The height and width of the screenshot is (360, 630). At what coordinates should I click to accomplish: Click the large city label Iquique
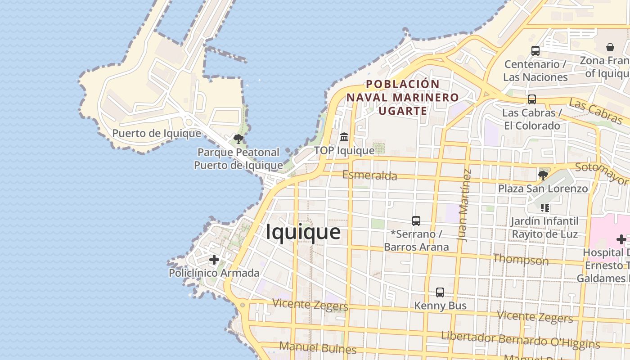(303, 232)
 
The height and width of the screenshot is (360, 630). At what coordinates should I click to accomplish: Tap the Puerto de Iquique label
(157, 133)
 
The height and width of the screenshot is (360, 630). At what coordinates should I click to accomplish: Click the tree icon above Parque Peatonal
(238, 139)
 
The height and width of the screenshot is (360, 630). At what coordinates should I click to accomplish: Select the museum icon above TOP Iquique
(344, 137)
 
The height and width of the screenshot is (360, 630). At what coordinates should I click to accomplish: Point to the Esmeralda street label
(369, 175)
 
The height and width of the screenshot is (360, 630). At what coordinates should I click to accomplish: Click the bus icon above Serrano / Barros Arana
(416, 220)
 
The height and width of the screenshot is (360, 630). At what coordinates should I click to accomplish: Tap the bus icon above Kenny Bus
(440, 292)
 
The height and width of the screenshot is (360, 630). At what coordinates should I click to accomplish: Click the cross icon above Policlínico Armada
(214, 260)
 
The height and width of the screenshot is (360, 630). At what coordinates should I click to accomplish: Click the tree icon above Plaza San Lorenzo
(543, 175)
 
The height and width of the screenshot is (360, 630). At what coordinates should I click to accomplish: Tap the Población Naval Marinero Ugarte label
(402, 97)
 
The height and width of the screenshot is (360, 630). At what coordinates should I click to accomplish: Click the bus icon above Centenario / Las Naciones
(535, 51)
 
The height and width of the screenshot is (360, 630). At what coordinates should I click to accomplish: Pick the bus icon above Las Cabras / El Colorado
(531, 99)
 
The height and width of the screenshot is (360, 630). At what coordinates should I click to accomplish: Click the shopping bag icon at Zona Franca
(610, 47)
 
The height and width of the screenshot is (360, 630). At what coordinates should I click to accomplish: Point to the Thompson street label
(521, 259)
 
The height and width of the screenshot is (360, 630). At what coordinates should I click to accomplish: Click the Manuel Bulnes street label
(318, 347)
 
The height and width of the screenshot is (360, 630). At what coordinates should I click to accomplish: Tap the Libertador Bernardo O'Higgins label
(520, 340)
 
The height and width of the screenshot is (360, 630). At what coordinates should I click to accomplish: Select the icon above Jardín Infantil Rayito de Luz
(545, 207)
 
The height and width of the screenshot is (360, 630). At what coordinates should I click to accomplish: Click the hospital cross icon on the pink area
(621, 239)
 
